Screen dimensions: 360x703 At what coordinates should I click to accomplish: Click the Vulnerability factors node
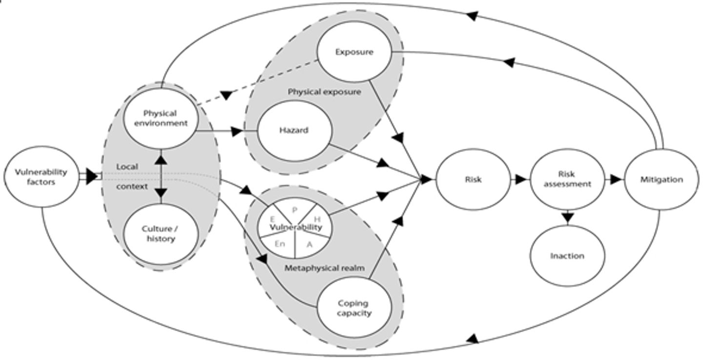click(41, 177)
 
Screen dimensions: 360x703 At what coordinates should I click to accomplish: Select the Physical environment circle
click(160, 118)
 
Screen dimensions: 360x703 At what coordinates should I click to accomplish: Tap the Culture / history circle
click(160, 234)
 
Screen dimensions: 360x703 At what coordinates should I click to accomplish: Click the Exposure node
click(354, 52)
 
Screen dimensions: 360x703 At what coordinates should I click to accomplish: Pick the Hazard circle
click(294, 131)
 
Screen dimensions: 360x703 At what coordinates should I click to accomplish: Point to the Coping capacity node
click(354, 308)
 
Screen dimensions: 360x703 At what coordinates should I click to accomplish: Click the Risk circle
click(473, 179)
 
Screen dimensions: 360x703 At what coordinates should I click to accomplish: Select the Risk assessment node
click(567, 179)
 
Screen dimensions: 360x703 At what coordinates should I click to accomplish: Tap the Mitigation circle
click(662, 179)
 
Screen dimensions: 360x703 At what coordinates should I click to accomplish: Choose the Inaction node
click(567, 256)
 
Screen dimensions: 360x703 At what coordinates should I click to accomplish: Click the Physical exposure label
click(324, 91)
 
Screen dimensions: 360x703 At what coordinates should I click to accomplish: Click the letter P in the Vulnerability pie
click(294, 210)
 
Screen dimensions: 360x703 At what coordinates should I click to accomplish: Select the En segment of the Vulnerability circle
click(280, 244)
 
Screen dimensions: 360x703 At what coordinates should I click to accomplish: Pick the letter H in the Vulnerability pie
click(317, 219)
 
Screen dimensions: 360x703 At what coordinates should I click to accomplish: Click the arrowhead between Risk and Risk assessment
click(521, 179)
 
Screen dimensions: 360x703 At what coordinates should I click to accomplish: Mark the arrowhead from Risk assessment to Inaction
click(567, 218)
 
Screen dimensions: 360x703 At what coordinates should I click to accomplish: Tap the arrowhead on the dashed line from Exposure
click(226, 95)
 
